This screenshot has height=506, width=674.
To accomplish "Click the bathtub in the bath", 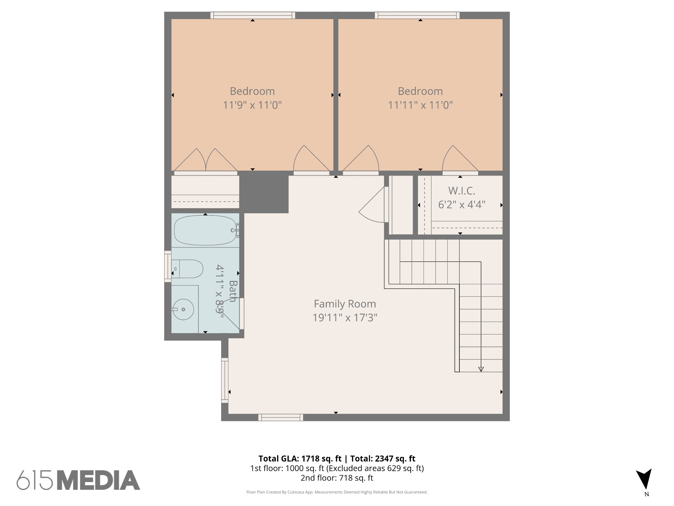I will click(x=205, y=230).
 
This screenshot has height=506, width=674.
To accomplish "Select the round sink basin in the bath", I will click(x=183, y=309).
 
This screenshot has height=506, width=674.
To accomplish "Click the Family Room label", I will click(x=345, y=304).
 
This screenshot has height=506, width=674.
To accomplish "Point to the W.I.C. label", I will click(x=461, y=191).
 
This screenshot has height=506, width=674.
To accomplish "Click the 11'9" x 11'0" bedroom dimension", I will click(x=252, y=105).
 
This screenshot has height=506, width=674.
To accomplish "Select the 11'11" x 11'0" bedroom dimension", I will click(x=420, y=105).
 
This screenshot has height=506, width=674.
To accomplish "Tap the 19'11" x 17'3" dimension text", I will click(x=345, y=318).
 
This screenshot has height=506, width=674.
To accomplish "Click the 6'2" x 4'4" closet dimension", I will click(x=461, y=205).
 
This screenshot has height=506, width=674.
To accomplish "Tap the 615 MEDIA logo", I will click(x=78, y=480).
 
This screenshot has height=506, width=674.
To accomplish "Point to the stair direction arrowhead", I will click(x=481, y=369).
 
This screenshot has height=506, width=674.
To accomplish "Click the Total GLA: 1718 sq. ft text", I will click(x=300, y=459).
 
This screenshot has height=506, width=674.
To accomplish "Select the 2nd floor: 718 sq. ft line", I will click(x=337, y=478).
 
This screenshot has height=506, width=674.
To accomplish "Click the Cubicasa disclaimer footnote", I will click(x=337, y=492).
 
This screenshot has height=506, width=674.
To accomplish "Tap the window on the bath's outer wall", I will click(x=168, y=266).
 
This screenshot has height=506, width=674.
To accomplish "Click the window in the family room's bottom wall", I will click(x=281, y=417).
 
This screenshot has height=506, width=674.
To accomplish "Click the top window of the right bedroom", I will click(x=417, y=15).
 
